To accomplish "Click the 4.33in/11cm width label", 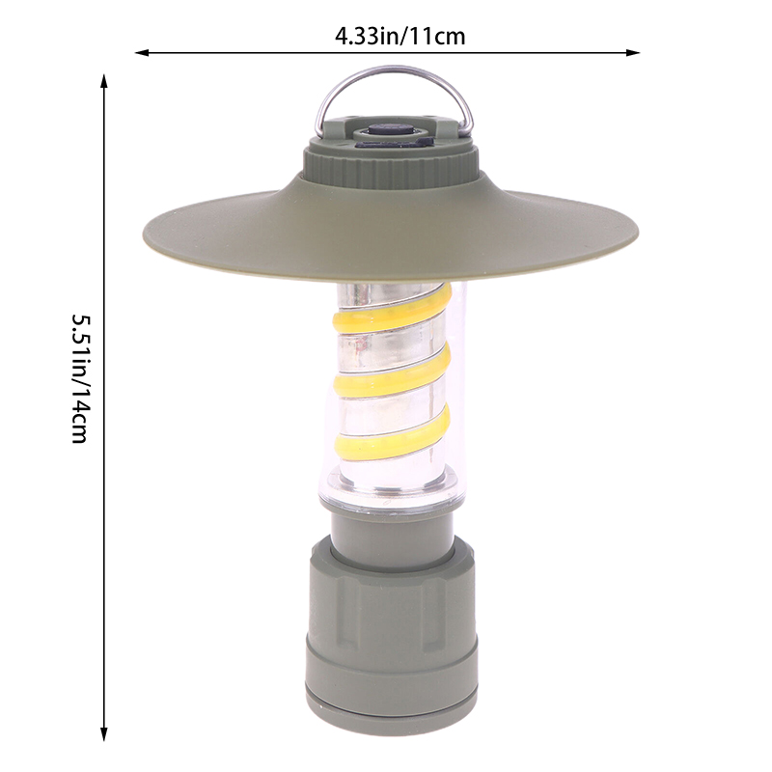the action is click(x=400, y=37).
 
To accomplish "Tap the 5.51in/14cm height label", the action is click(x=80, y=378).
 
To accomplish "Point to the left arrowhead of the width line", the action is click(x=141, y=52).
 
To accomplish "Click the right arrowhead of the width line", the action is click(x=633, y=52).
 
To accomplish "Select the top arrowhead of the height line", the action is click(x=104, y=81).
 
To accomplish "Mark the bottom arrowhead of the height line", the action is click(x=104, y=733).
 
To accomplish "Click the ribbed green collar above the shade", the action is click(x=392, y=170).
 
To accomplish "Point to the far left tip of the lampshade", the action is click(x=143, y=232).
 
